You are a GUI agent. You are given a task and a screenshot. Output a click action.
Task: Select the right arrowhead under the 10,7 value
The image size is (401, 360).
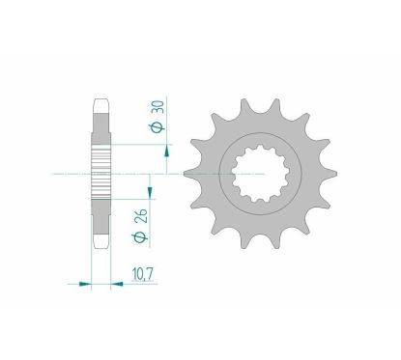click(x=122, y=284)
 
